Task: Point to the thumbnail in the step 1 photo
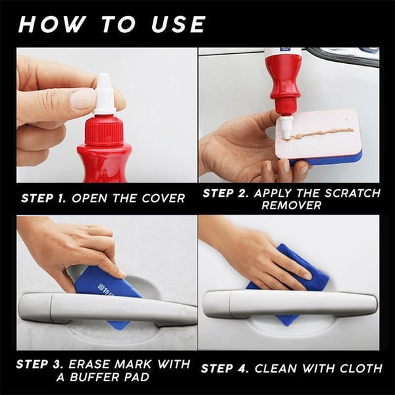[83, 99]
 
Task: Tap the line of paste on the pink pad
[323, 133]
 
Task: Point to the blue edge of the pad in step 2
[336, 159]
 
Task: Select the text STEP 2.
[226, 193]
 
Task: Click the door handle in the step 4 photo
[290, 304]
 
